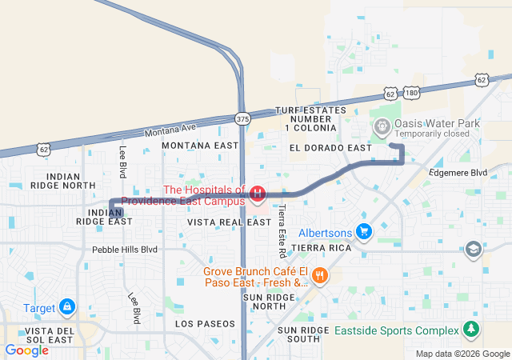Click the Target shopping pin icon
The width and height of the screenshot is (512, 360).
[68, 306]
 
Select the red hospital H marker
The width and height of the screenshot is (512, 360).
[258, 194]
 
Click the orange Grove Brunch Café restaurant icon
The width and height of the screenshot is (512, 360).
[319, 276]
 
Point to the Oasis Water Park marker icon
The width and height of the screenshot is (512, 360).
[382, 126]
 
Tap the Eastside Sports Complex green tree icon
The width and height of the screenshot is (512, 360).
[472, 330]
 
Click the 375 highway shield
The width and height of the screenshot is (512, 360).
[242, 118]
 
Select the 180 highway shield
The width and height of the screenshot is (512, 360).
[411, 94]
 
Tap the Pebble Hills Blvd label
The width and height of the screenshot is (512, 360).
[125, 250]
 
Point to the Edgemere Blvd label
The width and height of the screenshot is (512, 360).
[458, 172]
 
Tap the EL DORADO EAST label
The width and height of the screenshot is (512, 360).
[330, 148]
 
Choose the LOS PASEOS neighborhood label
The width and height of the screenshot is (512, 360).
[206, 323]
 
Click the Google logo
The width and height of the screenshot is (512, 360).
[26, 350]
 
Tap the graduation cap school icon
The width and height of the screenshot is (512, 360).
[474, 250]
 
